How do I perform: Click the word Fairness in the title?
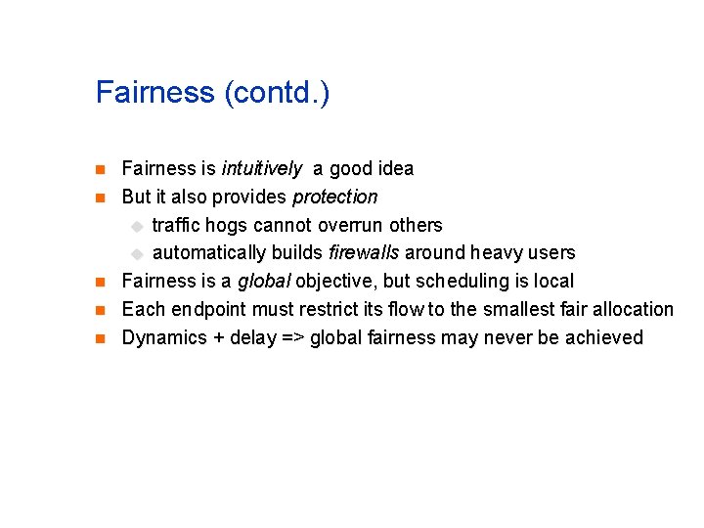[x=155, y=93]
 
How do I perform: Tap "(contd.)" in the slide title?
[x=277, y=94]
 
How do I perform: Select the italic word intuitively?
[x=261, y=168]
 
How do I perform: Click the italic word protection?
[x=334, y=197]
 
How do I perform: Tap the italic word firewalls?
[x=364, y=253]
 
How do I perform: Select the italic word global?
[x=264, y=282]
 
